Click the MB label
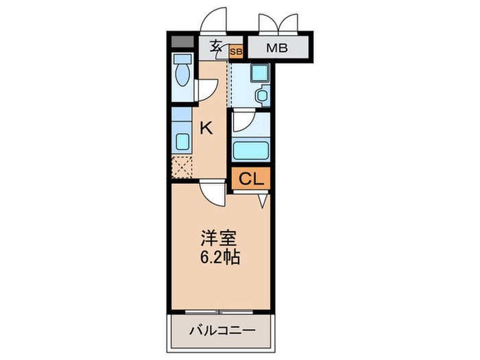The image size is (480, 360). click(x=278, y=49)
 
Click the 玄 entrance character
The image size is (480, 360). click(x=215, y=47)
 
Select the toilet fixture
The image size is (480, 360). click(x=183, y=72)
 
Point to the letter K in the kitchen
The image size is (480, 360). click(x=206, y=127)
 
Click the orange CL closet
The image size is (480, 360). click(x=251, y=180)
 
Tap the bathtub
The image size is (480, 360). click(x=252, y=149)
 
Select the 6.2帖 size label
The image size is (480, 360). click(x=220, y=259)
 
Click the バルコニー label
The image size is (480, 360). click(x=222, y=331)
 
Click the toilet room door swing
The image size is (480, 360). click(x=208, y=89)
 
